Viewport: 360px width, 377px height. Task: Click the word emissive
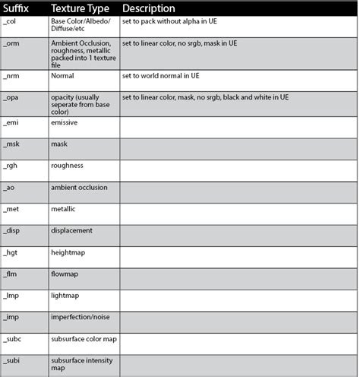[x=65, y=120]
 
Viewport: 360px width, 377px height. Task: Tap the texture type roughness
[x=68, y=165]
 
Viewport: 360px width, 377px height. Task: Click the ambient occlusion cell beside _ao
[x=79, y=187]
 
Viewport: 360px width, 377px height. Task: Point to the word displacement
[x=71, y=230]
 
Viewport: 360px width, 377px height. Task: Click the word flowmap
[x=66, y=274]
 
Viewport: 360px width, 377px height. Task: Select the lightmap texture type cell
[x=65, y=296]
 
